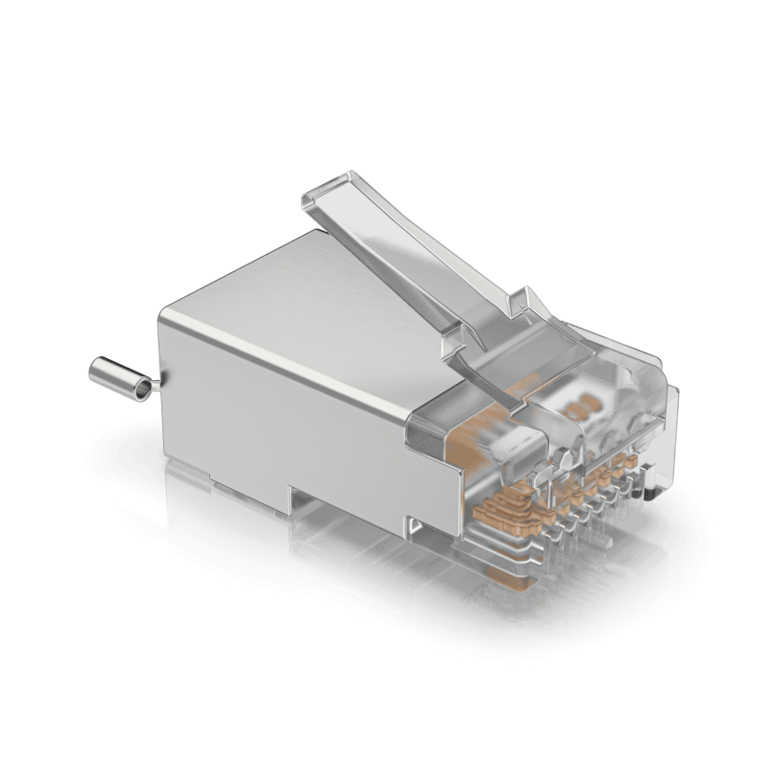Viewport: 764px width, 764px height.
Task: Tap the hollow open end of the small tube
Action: pyautogui.click(x=142, y=388)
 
